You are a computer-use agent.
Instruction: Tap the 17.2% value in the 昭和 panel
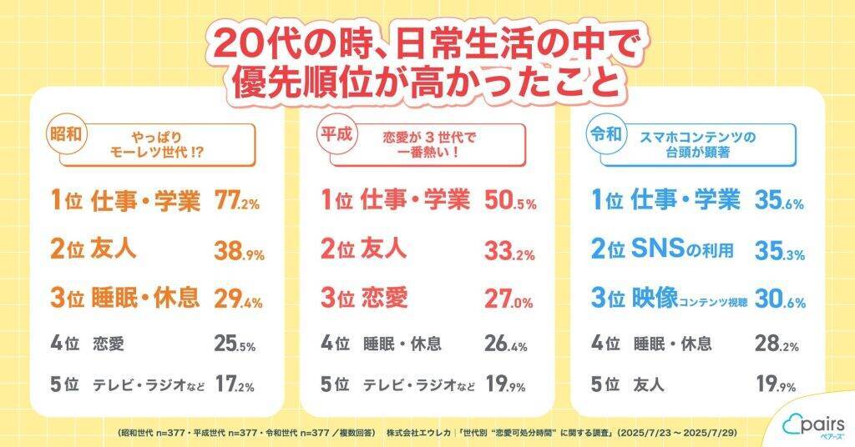coord(235,385)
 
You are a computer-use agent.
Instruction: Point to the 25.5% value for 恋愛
coord(235,343)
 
